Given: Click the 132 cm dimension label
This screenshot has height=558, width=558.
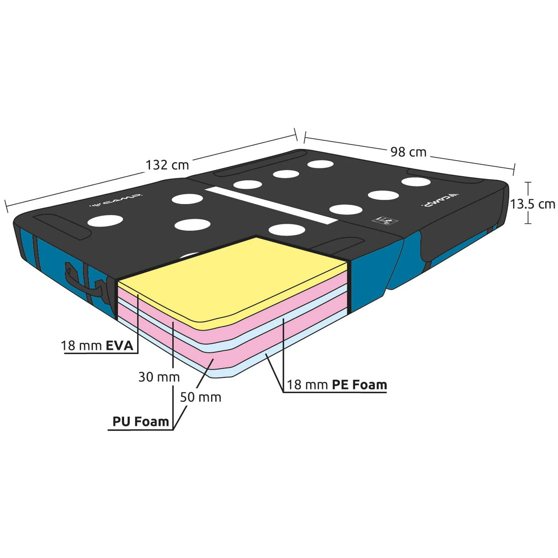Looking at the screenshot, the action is (x=167, y=165).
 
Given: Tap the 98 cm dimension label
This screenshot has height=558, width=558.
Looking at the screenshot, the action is (x=408, y=152).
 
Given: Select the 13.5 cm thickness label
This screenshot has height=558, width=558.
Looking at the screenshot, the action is (x=533, y=204).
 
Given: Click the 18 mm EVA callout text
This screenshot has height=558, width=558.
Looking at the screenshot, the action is (x=97, y=346).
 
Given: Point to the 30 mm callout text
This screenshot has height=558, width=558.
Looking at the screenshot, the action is (x=159, y=377).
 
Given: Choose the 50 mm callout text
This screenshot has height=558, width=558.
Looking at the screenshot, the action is (x=201, y=397).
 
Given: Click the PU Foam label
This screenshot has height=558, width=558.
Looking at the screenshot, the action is (x=141, y=421).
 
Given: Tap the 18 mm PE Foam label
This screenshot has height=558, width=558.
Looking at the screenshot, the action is (x=337, y=385).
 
